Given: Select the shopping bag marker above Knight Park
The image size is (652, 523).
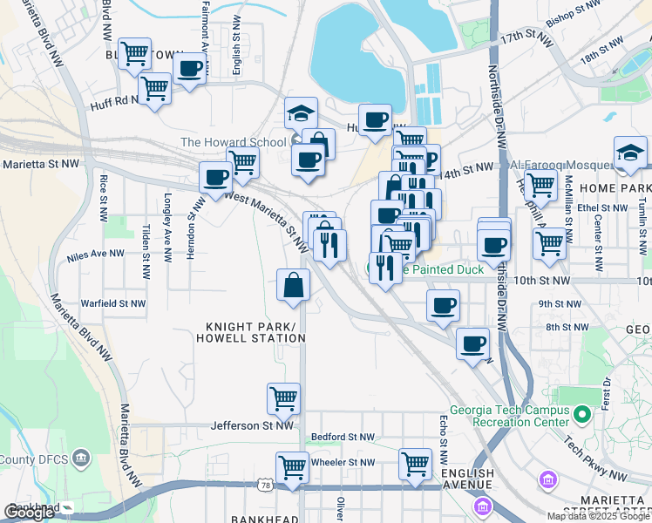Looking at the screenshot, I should pos(293,285).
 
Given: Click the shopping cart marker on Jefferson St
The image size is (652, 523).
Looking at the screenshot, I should pos(283,399).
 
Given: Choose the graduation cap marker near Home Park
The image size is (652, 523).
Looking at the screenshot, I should pos(630,153).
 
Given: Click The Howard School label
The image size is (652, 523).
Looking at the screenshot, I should pos(233,142).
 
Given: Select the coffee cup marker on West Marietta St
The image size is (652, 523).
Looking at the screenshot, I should pos(216,178).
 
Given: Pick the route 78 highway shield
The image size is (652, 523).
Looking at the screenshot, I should pos(265,484).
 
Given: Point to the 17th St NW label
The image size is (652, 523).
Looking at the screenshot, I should pos(526,39).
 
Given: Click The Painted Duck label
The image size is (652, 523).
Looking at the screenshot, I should pos(441,270).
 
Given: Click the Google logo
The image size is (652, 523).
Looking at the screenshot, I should pos(29,513).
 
